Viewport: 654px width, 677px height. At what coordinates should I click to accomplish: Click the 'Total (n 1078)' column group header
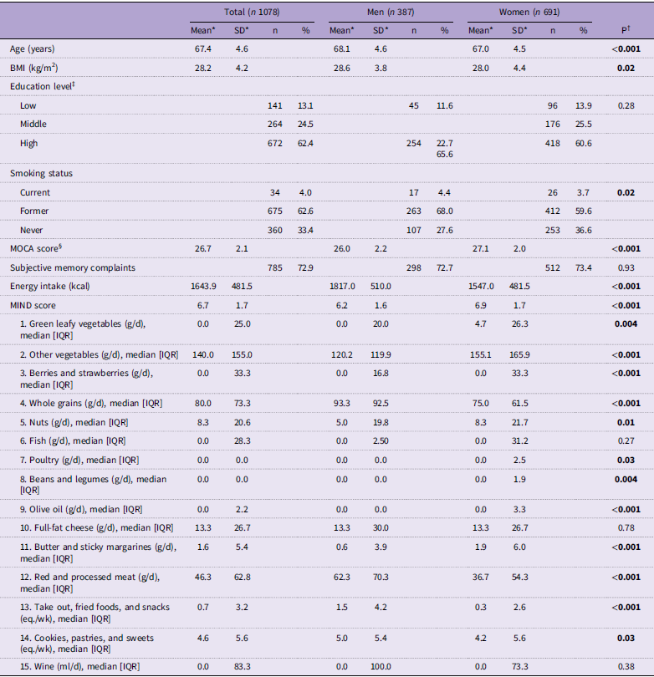tap(252, 12)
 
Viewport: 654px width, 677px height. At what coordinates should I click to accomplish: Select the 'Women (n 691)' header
tap(529, 12)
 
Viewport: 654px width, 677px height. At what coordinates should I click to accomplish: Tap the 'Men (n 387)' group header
tap(391, 12)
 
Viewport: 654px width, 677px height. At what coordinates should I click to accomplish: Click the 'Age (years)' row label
tap(33, 48)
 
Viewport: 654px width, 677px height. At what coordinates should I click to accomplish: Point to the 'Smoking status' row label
tap(41, 173)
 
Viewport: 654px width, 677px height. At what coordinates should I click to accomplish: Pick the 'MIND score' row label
tap(33, 305)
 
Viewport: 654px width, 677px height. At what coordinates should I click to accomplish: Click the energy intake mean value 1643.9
tap(202, 286)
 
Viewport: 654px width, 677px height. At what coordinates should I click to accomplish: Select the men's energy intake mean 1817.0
tap(342, 286)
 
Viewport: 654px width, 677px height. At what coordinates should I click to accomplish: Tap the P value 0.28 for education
tap(626, 105)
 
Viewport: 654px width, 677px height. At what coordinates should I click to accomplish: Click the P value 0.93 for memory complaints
tap(626, 267)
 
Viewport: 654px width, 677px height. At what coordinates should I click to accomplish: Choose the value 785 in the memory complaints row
tap(275, 267)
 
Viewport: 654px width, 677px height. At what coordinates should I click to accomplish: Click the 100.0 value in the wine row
tap(381, 666)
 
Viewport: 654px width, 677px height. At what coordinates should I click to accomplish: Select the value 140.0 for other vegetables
tap(202, 354)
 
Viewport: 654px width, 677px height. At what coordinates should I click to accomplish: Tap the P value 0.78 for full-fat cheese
tap(626, 527)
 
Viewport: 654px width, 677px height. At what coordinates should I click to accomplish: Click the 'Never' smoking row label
tap(32, 230)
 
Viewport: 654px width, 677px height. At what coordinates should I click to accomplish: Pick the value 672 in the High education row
tap(275, 144)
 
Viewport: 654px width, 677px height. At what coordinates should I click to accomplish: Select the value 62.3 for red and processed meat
tap(342, 577)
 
